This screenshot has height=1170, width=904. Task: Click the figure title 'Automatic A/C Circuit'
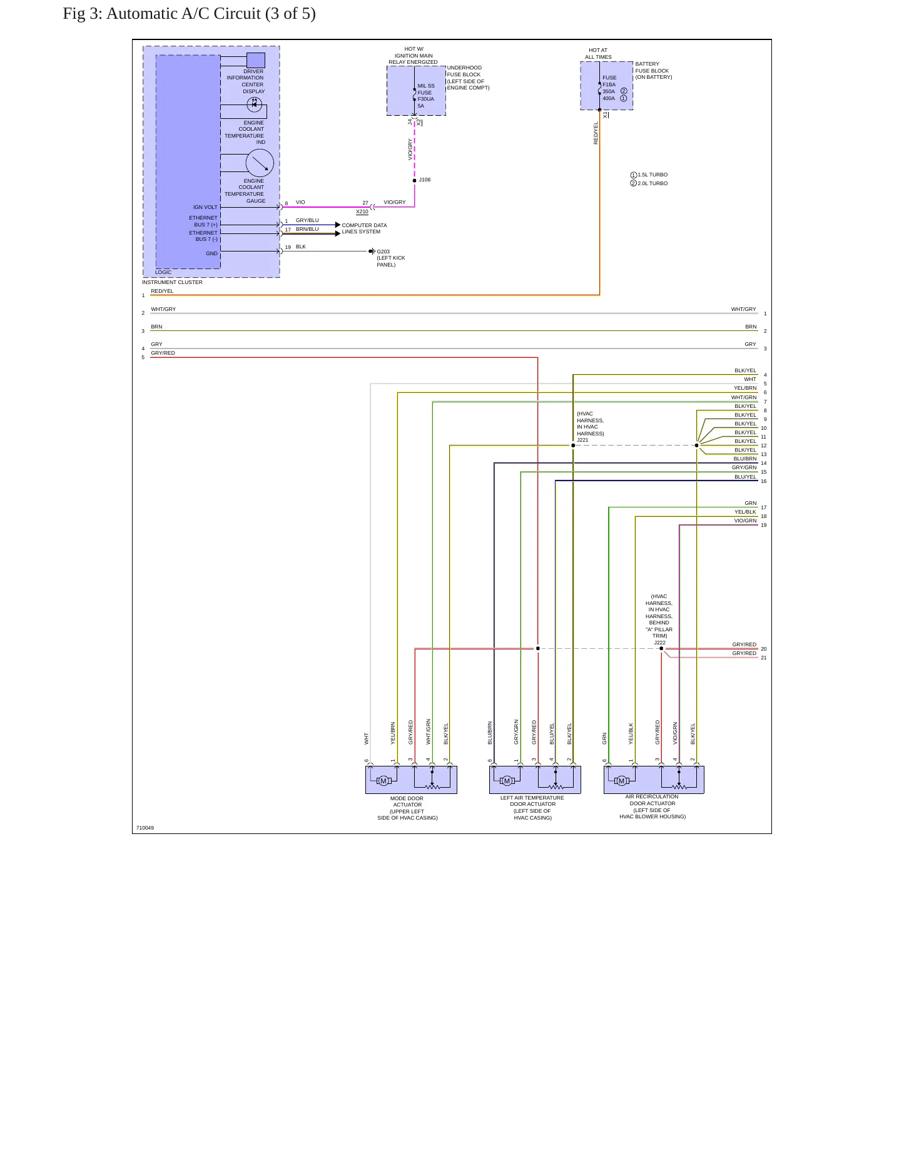[x=183, y=14]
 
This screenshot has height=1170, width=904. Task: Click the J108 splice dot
[x=415, y=181]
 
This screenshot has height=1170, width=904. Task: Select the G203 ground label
[x=383, y=252]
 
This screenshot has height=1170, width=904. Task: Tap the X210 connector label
[x=362, y=211]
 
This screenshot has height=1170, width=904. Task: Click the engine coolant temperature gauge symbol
[x=260, y=163]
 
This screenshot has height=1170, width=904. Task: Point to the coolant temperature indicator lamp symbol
[x=254, y=104]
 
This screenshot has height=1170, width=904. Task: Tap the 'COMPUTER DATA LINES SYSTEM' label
[x=364, y=228]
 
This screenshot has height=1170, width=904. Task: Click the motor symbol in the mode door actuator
[x=383, y=780]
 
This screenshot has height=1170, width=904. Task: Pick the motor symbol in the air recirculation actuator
[x=621, y=780]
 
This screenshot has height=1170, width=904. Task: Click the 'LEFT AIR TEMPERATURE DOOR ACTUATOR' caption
[x=532, y=801]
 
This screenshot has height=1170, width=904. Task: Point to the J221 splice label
[x=582, y=440]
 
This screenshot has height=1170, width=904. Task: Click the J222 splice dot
[x=661, y=649]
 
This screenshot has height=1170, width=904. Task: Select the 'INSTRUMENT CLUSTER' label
[x=172, y=282]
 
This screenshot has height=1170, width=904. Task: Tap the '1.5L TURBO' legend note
[x=653, y=175]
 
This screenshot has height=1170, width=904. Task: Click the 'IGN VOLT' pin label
[x=205, y=207]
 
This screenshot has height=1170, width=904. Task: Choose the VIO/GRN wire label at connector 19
[x=745, y=521]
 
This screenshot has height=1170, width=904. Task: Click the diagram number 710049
[x=145, y=828]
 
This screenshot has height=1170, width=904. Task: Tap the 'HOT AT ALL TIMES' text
[x=598, y=54]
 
